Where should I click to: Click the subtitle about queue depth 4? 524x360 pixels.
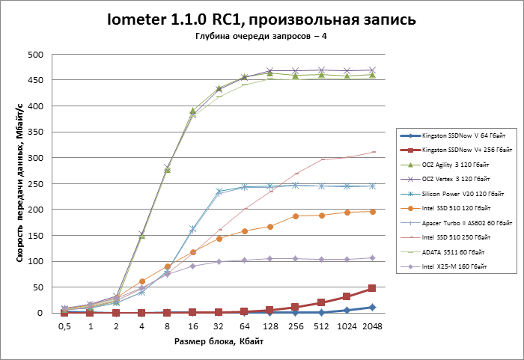click(x=261, y=36)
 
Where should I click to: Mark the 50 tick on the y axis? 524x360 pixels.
click(x=35, y=287)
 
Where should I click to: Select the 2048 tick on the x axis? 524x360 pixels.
click(x=372, y=327)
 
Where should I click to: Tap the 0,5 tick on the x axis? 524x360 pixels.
click(x=65, y=327)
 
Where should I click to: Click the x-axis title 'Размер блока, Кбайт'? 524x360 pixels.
click(x=218, y=342)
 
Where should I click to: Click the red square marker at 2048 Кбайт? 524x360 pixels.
click(x=372, y=288)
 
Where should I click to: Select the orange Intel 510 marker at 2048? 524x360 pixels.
click(x=372, y=212)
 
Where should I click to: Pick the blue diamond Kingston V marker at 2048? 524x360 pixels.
click(x=372, y=307)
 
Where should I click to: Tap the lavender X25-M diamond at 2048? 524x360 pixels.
click(x=372, y=257)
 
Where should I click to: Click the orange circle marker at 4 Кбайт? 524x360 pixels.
click(x=142, y=281)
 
